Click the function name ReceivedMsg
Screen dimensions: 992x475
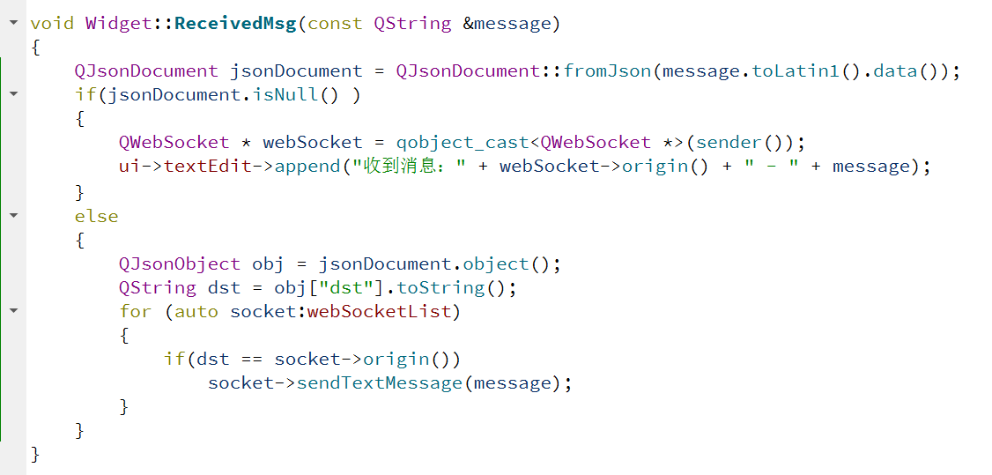pyautogui.click(x=235, y=23)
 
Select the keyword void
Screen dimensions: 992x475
pyautogui.click(x=52, y=23)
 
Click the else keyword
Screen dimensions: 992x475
pyautogui.click(x=96, y=216)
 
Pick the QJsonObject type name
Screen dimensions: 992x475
pyautogui.click(x=180, y=263)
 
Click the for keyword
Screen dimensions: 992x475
pyautogui.click(x=136, y=311)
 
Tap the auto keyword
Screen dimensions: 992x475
pyautogui.click(x=196, y=311)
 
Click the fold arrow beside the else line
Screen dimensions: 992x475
pyautogui.click(x=13, y=216)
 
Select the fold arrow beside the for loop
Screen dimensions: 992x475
pyautogui.click(x=13, y=311)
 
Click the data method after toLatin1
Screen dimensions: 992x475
pyautogui.click(x=896, y=71)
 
